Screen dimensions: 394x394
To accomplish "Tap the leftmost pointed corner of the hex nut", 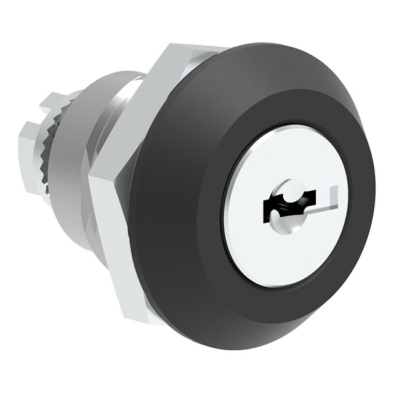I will click(90, 179).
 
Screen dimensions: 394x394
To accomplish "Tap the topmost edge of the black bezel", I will click(259, 44).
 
